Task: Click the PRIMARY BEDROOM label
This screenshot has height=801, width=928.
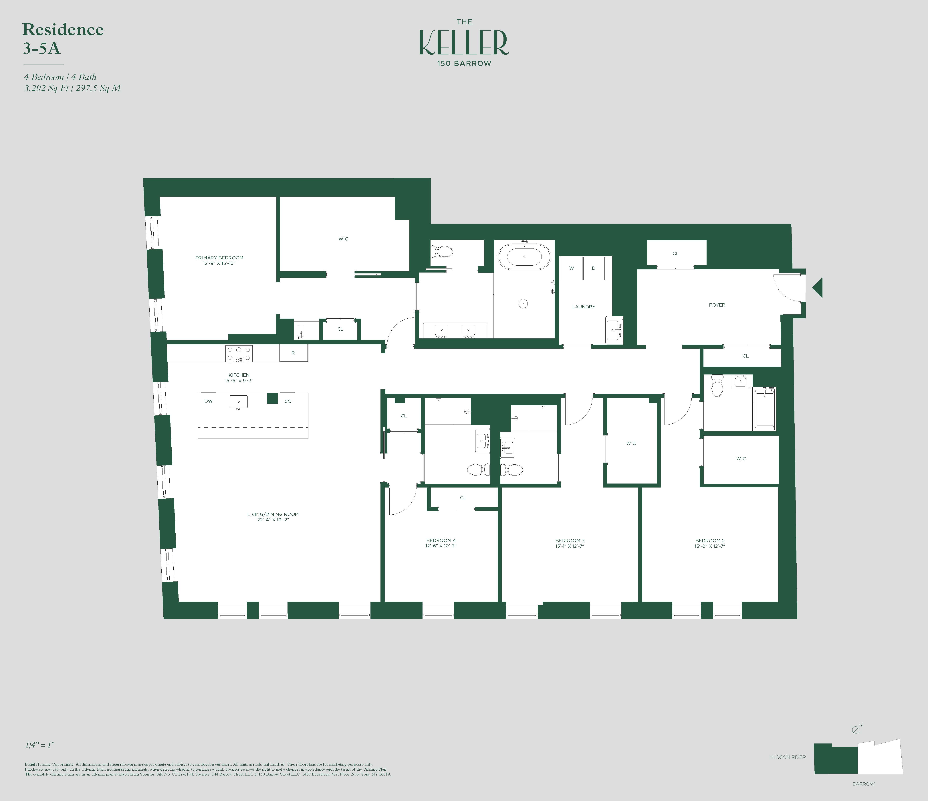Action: [219, 258]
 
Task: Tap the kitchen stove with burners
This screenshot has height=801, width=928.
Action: [239, 354]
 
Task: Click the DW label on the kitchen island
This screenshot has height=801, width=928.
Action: [208, 401]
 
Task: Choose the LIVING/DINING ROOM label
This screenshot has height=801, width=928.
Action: [273, 514]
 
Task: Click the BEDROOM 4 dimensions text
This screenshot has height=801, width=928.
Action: [441, 546]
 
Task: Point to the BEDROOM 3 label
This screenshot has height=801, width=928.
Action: [570, 541]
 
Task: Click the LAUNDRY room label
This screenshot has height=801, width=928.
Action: [584, 307]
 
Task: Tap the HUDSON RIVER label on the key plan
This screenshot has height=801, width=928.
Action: [787, 757]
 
